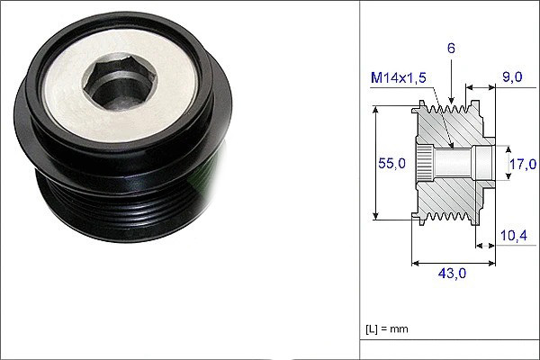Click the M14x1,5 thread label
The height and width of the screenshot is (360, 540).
pos(399,78)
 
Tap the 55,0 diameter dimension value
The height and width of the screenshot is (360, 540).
pos(391,163)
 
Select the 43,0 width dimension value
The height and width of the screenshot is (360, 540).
pos(452,274)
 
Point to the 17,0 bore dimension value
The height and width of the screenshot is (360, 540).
pos(523,164)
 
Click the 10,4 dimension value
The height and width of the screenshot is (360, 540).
pos(514,235)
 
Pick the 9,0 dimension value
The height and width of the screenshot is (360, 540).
pos(512,76)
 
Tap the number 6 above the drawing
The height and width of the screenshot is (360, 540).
pos(451,49)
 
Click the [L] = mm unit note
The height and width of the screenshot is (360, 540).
pos(387,328)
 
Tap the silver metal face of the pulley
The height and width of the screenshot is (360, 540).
pos(120,86)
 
